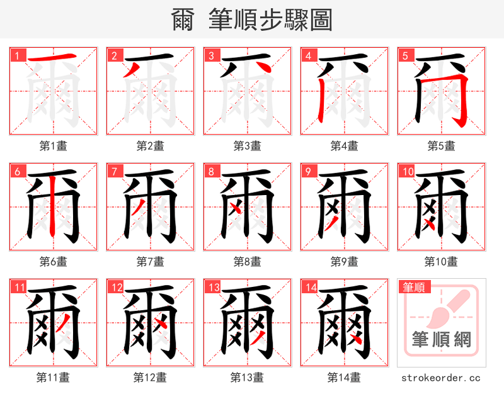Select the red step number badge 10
click(407, 171)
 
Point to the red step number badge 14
click(310, 288)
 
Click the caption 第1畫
click(54, 145)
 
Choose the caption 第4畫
click(345, 145)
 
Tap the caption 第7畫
click(151, 261)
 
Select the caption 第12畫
click(151, 377)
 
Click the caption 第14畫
click(345, 377)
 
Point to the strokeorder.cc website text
click(441, 378)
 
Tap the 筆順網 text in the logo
click(441, 339)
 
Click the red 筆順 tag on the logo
click(415, 288)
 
